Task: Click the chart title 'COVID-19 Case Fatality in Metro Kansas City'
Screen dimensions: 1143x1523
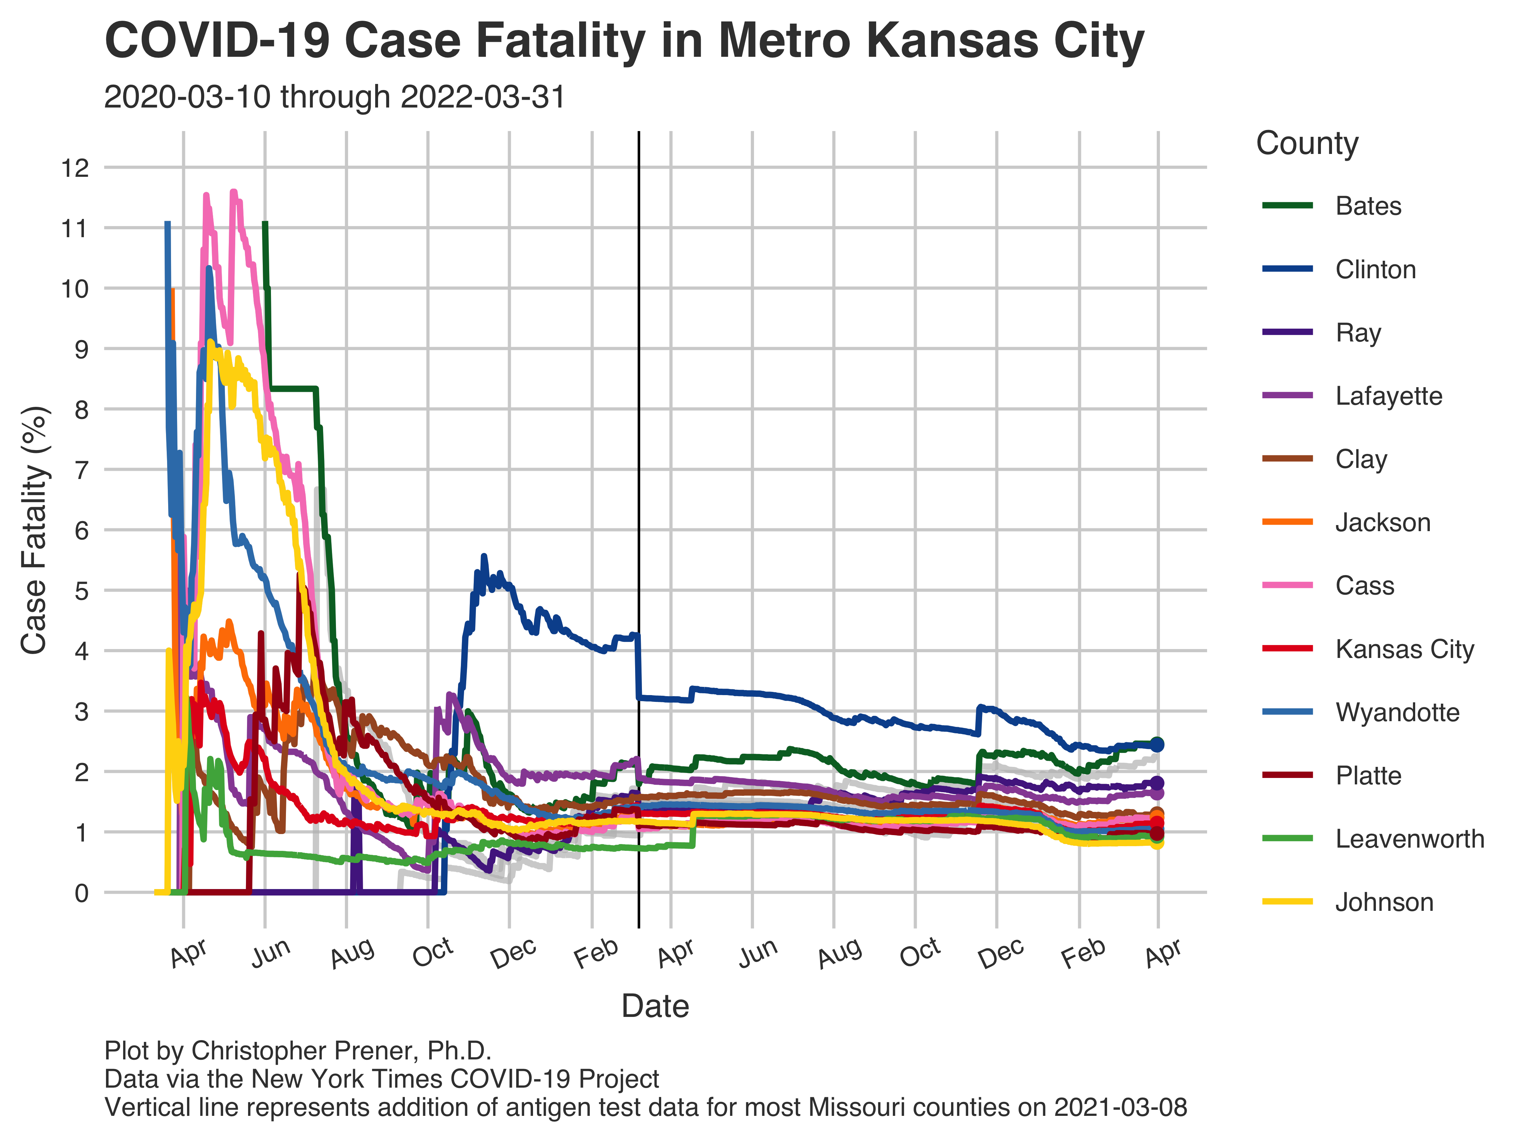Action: coord(624,41)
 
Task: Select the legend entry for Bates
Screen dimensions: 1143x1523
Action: coord(1367,206)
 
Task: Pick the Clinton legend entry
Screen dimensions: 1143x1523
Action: coord(1375,269)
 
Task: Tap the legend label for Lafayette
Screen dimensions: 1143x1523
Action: coord(1388,396)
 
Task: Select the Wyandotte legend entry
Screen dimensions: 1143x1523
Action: coord(1397,712)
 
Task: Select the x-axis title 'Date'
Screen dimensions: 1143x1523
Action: coord(655,1007)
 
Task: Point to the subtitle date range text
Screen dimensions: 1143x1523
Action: coord(335,97)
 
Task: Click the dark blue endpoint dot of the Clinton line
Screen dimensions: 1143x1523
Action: coord(1157,744)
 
